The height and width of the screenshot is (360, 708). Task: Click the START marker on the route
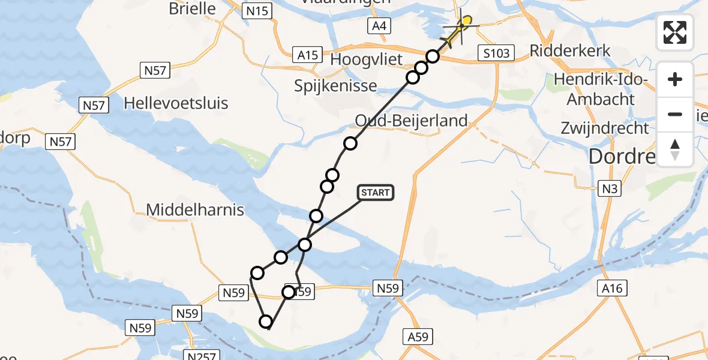click(375, 193)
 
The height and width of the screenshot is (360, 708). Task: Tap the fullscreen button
click(675, 32)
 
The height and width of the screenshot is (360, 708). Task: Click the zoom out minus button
click(675, 114)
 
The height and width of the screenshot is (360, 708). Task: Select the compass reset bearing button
click(675, 149)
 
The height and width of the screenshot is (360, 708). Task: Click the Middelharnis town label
click(196, 209)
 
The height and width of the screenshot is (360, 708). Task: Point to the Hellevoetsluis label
click(176, 103)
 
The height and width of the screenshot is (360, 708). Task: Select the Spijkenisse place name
click(335, 85)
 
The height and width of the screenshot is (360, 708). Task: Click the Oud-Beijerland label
click(411, 121)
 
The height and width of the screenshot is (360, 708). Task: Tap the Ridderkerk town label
click(570, 50)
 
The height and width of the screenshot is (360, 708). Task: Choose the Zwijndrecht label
click(605, 128)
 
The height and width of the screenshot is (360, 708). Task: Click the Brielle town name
click(192, 8)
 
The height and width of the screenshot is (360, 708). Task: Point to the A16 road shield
click(613, 289)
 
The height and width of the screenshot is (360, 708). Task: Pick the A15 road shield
click(308, 55)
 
